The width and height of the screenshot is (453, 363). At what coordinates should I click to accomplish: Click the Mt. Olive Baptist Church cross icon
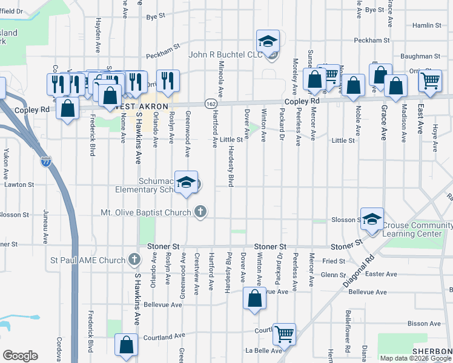(201, 212)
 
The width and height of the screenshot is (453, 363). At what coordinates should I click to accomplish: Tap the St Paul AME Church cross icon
(136, 261)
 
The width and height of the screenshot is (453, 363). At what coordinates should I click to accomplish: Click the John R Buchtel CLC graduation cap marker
(266, 42)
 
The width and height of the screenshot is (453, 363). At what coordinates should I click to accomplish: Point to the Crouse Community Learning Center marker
(372, 220)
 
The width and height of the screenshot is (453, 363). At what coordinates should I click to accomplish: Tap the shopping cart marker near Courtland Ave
(283, 333)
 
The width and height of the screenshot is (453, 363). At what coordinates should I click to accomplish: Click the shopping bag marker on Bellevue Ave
(254, 298)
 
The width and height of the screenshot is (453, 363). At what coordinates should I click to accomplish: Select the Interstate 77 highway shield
(47, 162)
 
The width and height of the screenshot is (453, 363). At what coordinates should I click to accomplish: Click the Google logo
(20, 356)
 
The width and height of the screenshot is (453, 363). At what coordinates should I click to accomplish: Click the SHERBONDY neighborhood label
(432, 352)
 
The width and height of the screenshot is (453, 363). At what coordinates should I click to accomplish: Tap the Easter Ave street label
(381, 274)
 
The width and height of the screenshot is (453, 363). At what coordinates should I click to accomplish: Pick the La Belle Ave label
(263, 350)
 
